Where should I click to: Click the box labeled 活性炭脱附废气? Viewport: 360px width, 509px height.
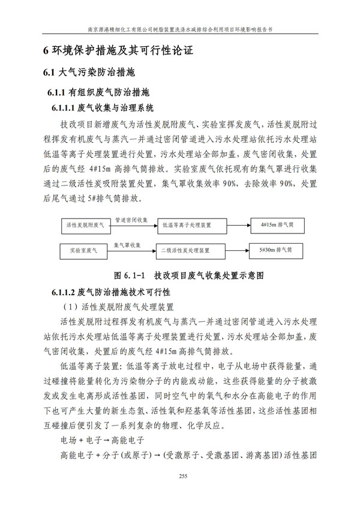(85, 225)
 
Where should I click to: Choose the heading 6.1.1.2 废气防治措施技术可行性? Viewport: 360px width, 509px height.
(112, 292)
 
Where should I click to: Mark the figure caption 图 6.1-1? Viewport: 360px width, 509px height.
(181, 276)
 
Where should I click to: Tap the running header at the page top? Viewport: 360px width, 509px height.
(180, 28)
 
